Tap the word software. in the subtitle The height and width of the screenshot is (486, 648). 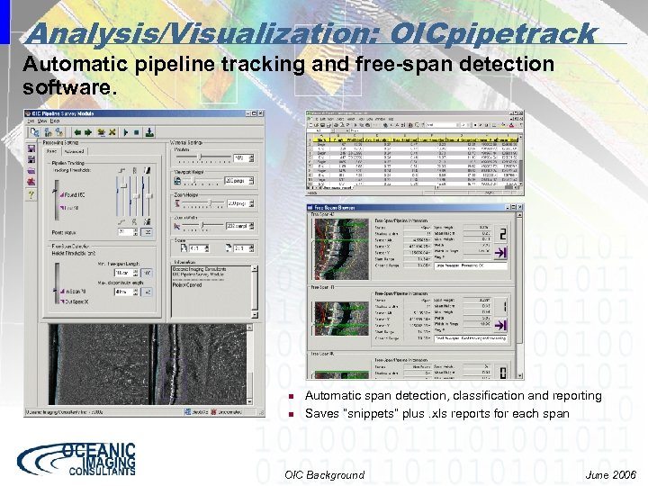[69, 89]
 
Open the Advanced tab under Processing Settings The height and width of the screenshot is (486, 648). [74, 152]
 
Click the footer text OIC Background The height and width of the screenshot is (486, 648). [324, 474]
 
